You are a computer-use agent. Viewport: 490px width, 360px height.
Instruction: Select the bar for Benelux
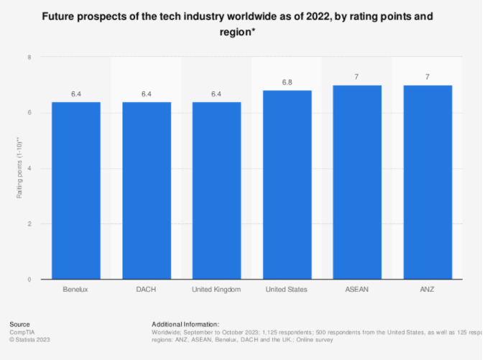pos(75,190)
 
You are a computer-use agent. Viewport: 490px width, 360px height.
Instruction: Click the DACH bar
pos(146,190)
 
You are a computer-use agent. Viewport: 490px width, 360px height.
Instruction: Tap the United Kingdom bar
pos(216,190)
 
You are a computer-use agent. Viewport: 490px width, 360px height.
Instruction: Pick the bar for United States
pos(287,185)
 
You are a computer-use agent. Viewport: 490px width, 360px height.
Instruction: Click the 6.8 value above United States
pos(287,82)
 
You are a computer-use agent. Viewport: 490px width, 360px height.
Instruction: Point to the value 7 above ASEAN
pos(357,76)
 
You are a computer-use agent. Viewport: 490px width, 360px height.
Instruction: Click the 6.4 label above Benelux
pos(75,93)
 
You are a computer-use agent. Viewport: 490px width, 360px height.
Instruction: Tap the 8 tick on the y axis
pos(29,57)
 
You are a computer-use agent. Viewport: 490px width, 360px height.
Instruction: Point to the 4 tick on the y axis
pos(29,168)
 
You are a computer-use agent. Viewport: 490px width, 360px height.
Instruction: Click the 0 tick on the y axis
pos(29,280)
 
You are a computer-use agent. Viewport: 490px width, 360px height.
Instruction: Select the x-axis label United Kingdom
pos(216,289)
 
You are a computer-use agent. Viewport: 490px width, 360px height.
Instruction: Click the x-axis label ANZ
pos(427,289)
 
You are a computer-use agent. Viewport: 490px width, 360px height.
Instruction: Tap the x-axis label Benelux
pos(75,289)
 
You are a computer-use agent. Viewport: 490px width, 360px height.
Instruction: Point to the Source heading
pos(20,324)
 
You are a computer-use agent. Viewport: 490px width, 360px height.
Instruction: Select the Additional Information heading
pos(185,324)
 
